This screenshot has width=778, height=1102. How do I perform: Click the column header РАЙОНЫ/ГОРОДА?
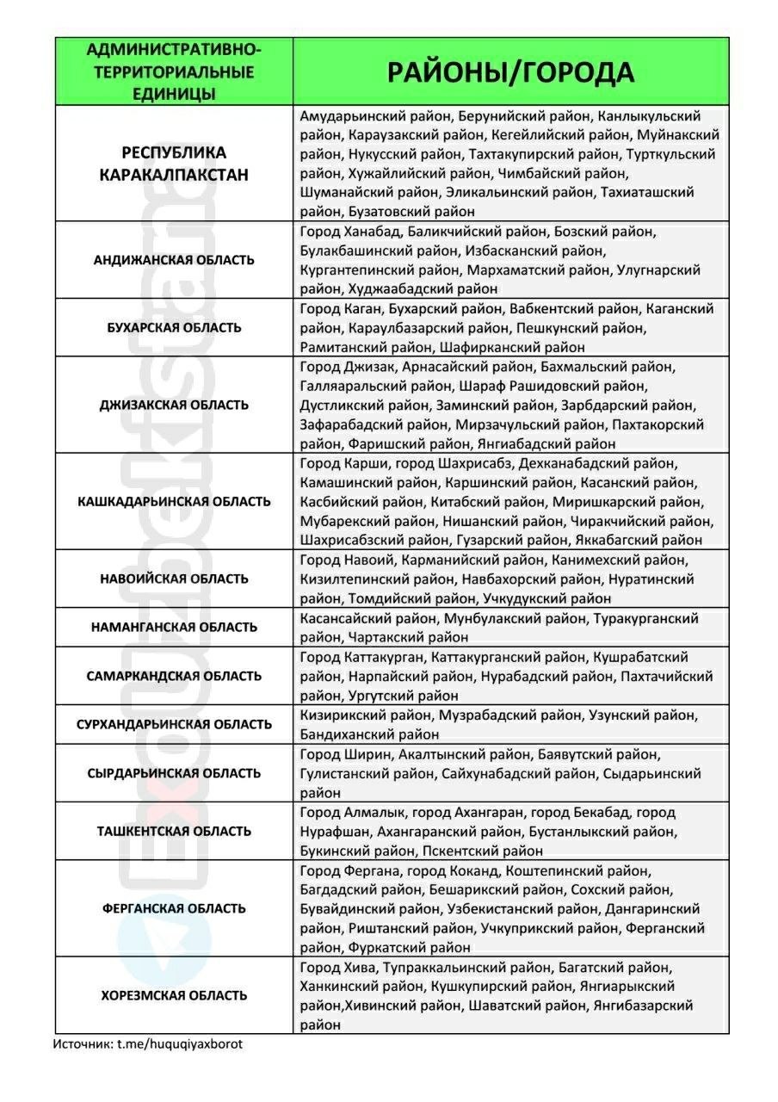pyautogui.click(x=510, y=72)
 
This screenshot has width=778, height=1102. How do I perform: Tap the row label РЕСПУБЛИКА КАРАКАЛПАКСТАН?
pyautogui.click(x=174, y=164)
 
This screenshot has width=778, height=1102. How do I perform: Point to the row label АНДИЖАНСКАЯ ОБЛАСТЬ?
pyautogui.click(x=174, y=260)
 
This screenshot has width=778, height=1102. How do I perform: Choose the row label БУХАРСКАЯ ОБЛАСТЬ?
pyautogui.click(x=174, y=327)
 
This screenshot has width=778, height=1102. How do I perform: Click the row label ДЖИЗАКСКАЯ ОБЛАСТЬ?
pyautogui.click(x=174, y=405)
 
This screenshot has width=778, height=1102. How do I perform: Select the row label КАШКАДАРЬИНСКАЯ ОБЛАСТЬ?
pyautogui.click(x=174, y=501)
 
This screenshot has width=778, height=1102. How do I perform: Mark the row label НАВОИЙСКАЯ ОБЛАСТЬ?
pyautogui.click(x=174, y=579)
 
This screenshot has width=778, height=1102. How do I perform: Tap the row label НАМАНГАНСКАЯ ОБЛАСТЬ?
pyautogui.click(x=174, y=628)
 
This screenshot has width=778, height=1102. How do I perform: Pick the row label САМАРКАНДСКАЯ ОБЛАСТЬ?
pyautogui.click(x=174, y=676)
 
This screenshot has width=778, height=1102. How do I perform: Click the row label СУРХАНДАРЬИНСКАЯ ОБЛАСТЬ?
pyautogui.click(x=174, y=724)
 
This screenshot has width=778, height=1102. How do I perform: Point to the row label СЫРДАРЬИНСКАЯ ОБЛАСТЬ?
pyautogui.click(x=174, y=773)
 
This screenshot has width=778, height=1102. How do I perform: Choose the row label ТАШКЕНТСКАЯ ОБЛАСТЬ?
pyautogui.click(x=174, y=831)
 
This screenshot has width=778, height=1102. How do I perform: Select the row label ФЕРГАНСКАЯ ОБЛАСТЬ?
pyautogui.click(x=174, y=908)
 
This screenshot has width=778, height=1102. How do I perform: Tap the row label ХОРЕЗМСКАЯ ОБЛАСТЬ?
pyautogui.click(x=174, y=995)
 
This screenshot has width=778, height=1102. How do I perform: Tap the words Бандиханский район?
pyautogui.click(x=369, y=734)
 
